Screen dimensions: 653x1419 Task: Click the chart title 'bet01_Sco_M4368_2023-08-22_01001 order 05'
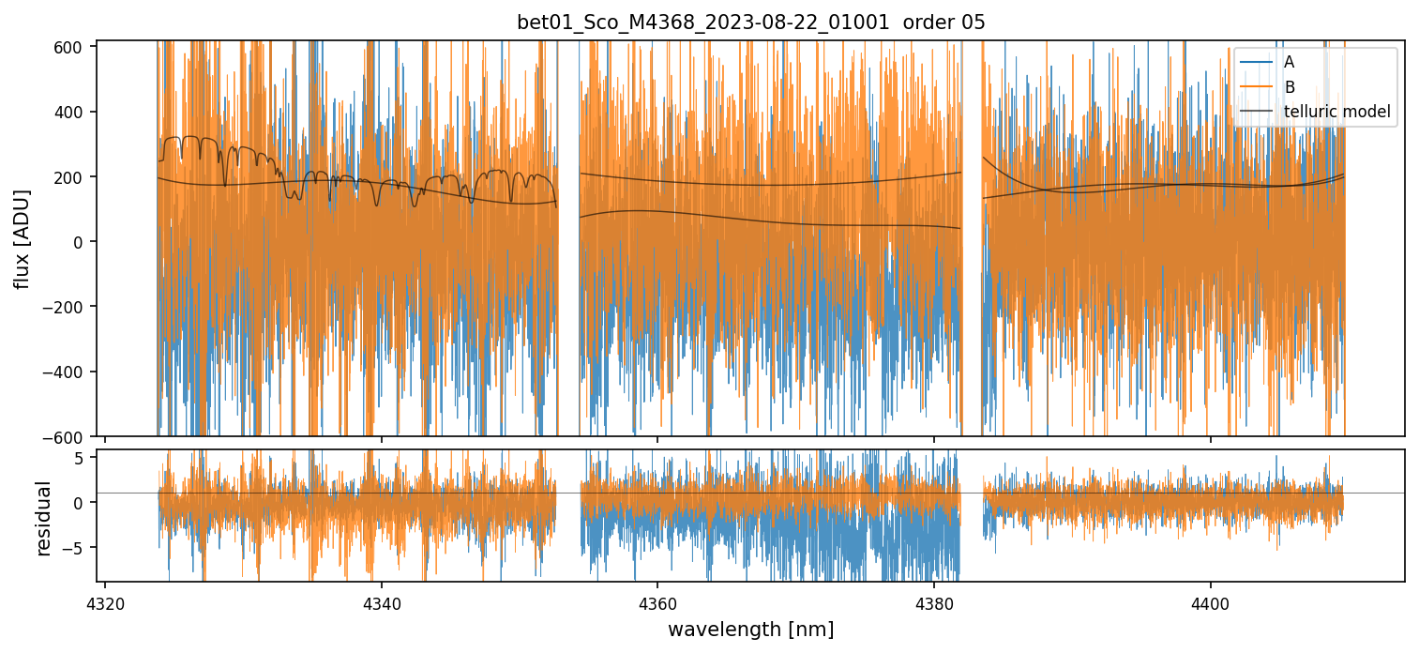click(751, 23)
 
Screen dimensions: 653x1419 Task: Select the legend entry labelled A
click(1289, 62)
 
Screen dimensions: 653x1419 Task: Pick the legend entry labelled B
click(1289, 87)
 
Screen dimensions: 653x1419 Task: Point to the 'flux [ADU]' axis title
click(22, 238)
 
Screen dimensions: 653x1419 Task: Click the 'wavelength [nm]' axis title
click(750, 629)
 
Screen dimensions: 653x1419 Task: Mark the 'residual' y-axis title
click(43, 518)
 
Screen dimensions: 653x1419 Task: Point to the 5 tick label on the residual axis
click(80, 458)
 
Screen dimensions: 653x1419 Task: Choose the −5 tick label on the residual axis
click(75, 548)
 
